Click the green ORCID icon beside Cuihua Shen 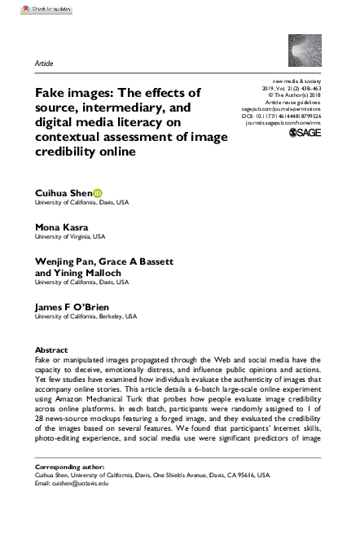(x=99, y=192)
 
